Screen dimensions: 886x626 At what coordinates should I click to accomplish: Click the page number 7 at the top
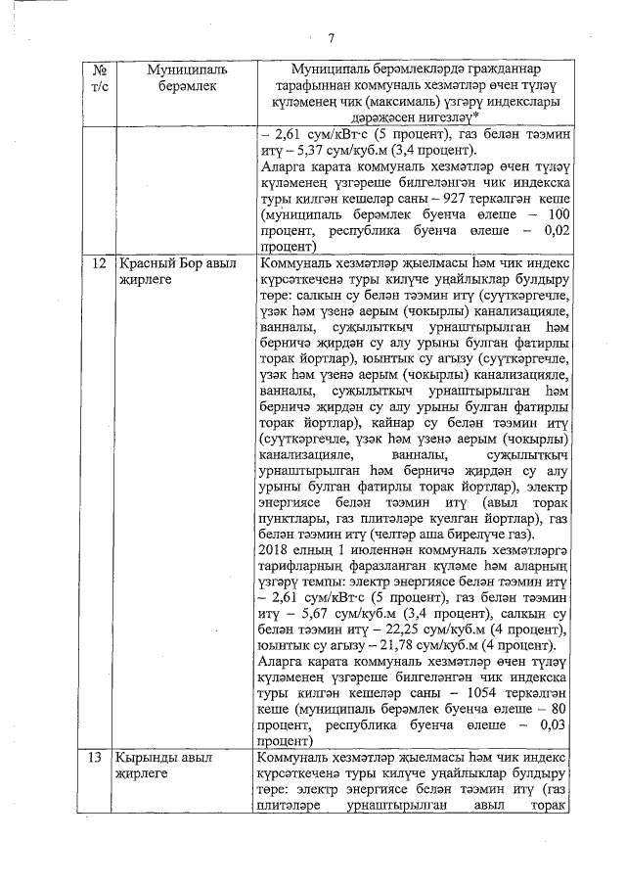coord(331,38)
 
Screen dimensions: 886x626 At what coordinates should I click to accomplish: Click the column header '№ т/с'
coord(99,79)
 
